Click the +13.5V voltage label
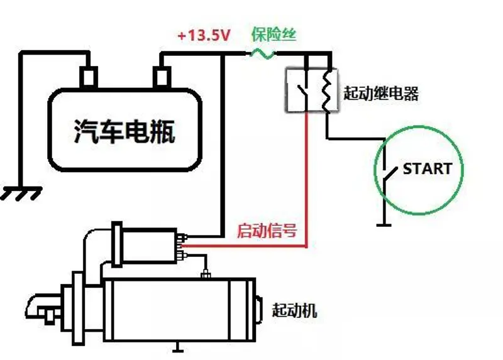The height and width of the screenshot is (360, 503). pos(204,36)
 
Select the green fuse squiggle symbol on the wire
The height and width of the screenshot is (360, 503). pos(262,55)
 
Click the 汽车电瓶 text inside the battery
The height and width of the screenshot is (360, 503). pos(124,131)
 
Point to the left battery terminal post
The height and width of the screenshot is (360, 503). pos(89,77)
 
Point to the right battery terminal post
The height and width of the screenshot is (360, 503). pos(162,77)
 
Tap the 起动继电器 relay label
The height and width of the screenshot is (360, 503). pos(381,94)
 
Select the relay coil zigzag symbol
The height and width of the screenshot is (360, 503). pos(326,90)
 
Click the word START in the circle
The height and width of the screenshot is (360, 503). pos(427,168)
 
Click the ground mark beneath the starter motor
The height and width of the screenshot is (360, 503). pos(179,347)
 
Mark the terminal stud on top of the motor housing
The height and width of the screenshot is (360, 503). pos(205,275)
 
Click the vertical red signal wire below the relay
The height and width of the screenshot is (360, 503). pos(307,176)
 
